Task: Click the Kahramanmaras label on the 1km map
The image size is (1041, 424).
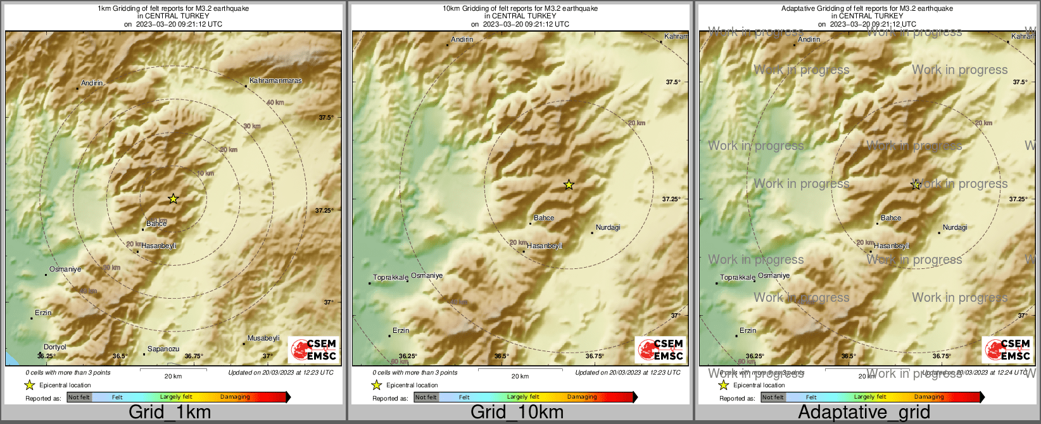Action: pyautogui.click(x=275, y=81)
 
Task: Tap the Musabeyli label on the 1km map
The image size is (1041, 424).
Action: pyautogui.click(x=263, y=339)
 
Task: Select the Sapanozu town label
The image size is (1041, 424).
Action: pyautogui.click(x=163, y=349)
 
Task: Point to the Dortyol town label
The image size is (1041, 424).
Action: pyautogui.click(x=55, y=347)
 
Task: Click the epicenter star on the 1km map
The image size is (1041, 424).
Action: pyautogui.click(x=173, y=199)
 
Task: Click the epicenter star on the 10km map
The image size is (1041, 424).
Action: pyautogui.click(x=569, y=185)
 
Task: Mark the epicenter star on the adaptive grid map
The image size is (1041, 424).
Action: pyautogui.click(x=916, y=185)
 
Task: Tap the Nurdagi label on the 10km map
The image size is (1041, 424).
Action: pyautogui.click(x=608, y=228)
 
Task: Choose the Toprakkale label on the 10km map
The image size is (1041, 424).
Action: pyautogui.click(x=391, y=278)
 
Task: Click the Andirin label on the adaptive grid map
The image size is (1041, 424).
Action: pyautogui.click(x=809, y=40)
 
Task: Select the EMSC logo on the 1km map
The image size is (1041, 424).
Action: pyautogui.click(x=313, y=350)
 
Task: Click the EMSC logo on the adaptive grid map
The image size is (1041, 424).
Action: pyautogui.click(x=1007, y=350)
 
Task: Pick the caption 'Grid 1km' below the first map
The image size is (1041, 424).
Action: pyautogui.click(x=170, y=413)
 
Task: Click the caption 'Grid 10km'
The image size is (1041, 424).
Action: pyautogui.click(x=517, y=413)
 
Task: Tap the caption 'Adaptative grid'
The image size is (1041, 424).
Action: pyautogui.click(x=864, y=413)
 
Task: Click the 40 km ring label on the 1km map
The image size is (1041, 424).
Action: pyautogui.click(x=275, y=103)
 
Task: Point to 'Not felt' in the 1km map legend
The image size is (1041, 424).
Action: pyautogui.click(x=79, y=397)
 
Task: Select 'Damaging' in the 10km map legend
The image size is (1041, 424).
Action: pyautogui.click(x=582, y=397)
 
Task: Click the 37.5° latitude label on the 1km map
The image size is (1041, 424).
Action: pyautogui.click(x=326, y=118)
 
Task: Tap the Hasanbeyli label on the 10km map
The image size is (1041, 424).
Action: pyautogui.click(x=545, y=246)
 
